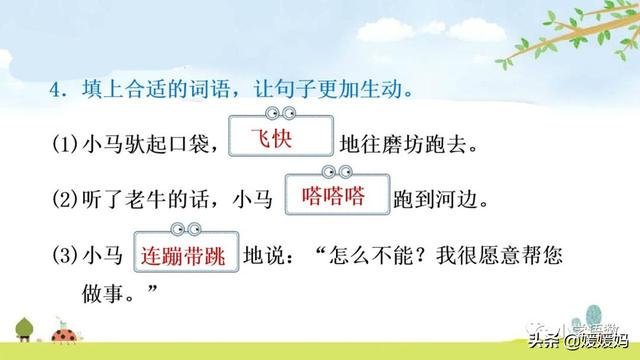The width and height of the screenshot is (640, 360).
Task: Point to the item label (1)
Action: [x=66, y=146]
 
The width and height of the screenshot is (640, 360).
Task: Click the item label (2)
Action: [x=66, y=200]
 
